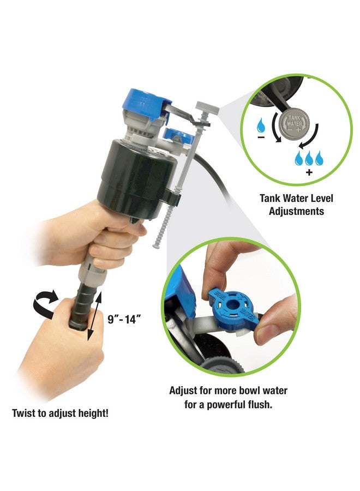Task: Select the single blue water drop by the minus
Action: [261, 127]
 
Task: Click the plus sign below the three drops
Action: [309, 172]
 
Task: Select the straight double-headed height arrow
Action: [92, 317]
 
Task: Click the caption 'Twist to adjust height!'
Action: [60, 413]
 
